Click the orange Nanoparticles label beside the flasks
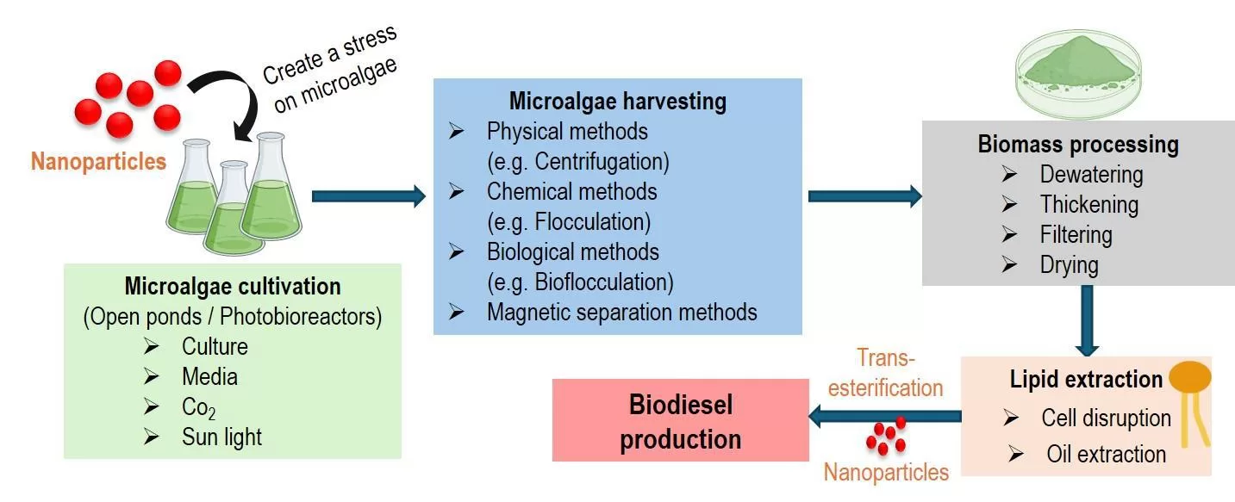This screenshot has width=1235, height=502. (x=98, y=161)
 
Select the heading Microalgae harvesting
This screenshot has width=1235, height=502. (x=617, y=102)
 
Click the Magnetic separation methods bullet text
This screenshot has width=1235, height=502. (x=621, y=312)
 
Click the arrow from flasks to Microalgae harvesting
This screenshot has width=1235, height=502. (x=368, y=196)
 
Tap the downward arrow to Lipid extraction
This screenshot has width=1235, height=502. (x=1087, y=319)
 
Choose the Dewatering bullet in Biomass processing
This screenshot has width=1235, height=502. (x=1091, y=175)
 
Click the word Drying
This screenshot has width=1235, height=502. (x=1069, y=264)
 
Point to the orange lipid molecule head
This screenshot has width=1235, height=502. (x=1189, y=377)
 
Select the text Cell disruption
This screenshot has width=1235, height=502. (x=1106, y=418)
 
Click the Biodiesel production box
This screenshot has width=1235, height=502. (x=680, y=420)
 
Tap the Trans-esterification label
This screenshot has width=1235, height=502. (x=886, y=372)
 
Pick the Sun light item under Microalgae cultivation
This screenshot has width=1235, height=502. (x=221, y=437)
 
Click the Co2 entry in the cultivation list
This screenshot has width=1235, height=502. (x=198, y=406)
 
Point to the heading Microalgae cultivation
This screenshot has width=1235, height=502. (x=233, y=286)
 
